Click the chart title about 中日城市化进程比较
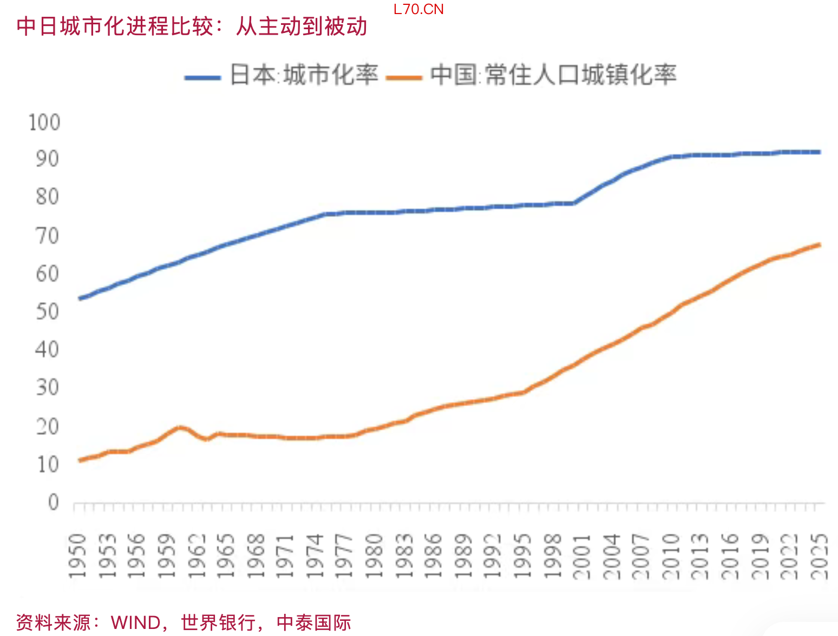pyautogui.click(x=192, y=27)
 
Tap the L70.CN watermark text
pyautogui.click(x=418, y=10)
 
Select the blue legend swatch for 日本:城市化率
pyautogui.click(x=202, y=77)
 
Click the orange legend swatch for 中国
pyautogui.click(x=404, y=77)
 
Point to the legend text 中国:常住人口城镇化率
pyautogui.click(x=553, y=75)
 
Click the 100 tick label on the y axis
pyautogui.click(x=44, y=123)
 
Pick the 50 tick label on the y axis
pyautogui.click(x=47, y=312)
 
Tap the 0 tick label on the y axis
pyautogui.click(x=53, y=502)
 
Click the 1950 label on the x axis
pyautogui.click(x=78, y=556)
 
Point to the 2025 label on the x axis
pyautogui.click(x=820, y=556)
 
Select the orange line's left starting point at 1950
pyautogui.click(x=80, y=460)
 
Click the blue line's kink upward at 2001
pyautogui.click(x=574, y=203)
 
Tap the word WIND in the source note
pyautogui.click(x=135, y=622)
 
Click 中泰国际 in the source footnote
pyautogui.click(x=314, y=622)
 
